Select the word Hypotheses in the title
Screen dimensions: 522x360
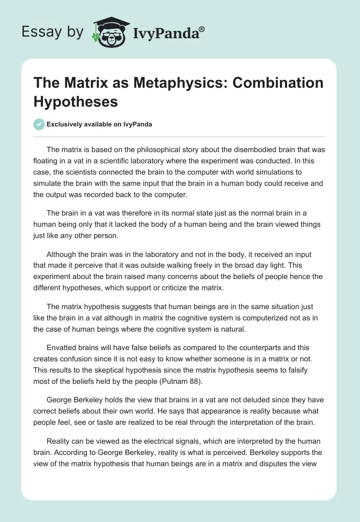point(76,101)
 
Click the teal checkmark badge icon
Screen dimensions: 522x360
point(39,125)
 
